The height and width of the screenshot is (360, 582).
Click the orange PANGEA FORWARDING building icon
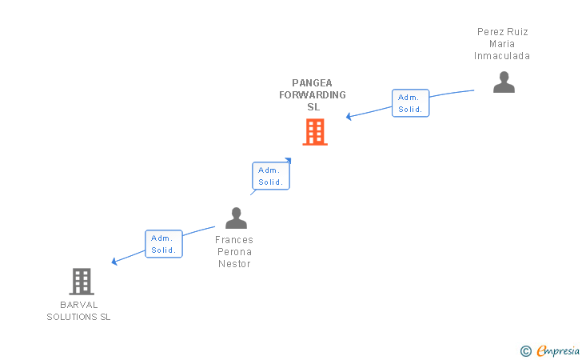(x=315, y=132)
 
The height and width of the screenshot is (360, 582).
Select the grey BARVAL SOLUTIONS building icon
(x=82, y=282)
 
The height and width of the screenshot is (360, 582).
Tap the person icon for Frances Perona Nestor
(x=236, y=218)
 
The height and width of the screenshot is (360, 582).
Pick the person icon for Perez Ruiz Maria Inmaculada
(x=504, y=82)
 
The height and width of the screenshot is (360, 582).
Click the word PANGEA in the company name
(x=313, y=82)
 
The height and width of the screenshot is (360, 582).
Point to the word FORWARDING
(x=313, y=94)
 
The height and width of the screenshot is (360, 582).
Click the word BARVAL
(x=78, y=305)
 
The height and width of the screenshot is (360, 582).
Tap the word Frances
(x=234, y=240)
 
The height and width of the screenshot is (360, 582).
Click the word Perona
(x=234, y=252)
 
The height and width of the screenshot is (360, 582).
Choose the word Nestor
(x=234, y=264)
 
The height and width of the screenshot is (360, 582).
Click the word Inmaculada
(x=502, y=56)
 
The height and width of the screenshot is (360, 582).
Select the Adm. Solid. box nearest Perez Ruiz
(x=410, y=103)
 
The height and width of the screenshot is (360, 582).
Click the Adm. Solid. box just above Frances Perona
(x=270, y=176)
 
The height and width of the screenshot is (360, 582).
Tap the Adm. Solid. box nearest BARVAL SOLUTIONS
(x=164, y=244)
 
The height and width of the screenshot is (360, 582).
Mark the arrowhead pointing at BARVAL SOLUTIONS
(x=115, y=262)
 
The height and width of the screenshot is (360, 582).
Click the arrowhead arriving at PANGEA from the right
(x=349, y=117)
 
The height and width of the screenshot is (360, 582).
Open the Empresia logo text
(x=557, y=350)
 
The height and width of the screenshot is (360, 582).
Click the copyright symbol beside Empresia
(x=525, y=350)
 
